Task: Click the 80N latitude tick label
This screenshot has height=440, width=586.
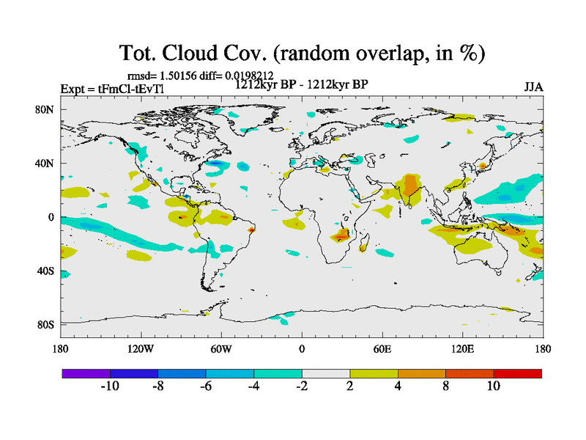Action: click(x=46, y=110)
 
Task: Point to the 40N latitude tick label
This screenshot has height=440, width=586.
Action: click(x=46, y=164)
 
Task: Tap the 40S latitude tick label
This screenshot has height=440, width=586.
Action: click(x=46, y=271)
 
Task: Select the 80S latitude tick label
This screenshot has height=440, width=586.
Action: click(x=46, y=325)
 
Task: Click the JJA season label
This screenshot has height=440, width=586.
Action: click(x=533, y=87)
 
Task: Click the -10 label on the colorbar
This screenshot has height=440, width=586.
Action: click(x=109, y=386)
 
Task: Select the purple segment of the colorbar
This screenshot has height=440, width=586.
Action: click(x=86, y=373)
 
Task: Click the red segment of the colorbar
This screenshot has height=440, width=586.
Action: click(x=518, y=373)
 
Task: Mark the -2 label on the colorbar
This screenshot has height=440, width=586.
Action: click(x=301, y=386)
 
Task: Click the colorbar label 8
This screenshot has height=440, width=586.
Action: click(x=445, y=386)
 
